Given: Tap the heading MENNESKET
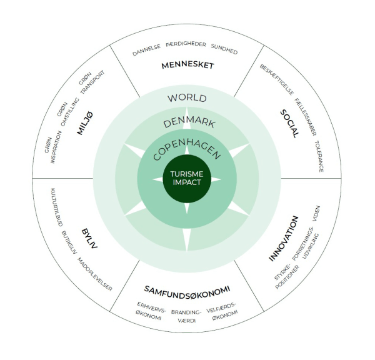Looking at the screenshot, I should point(187,65).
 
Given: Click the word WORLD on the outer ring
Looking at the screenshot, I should point(187,99).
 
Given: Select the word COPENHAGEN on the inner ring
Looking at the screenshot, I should point(187,145).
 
